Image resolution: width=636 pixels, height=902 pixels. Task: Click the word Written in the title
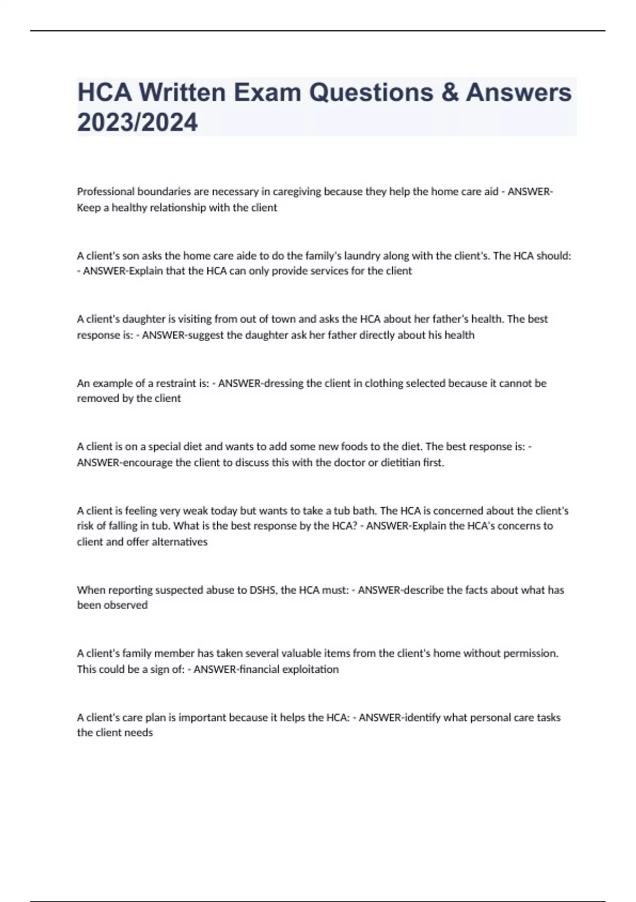click(x=182, y=92)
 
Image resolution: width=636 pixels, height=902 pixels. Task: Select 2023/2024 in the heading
click(x=137, y=122)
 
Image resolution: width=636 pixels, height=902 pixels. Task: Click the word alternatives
click(x=180, y=542)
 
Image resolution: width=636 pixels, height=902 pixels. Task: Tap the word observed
click(x=126, y=605)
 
